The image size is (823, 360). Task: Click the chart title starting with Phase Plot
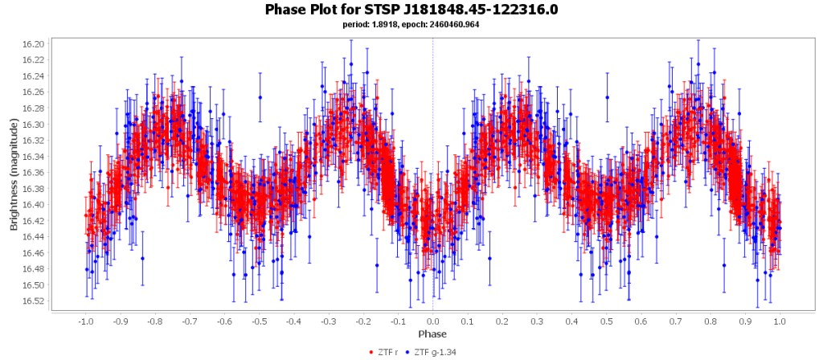(x=411, y=10)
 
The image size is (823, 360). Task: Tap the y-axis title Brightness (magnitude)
(x=14, y=173)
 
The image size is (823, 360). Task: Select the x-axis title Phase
(x=432, y=333)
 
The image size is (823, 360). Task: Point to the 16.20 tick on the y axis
(x=35, y=43)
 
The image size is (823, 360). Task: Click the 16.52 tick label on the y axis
(x=35, y=301)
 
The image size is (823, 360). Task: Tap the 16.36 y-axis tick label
(x=35, y=173)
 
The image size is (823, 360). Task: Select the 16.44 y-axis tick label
(x=35, y=237)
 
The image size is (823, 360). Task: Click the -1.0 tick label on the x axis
(x=85, y=321)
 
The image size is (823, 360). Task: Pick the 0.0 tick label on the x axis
(x=432, y=321)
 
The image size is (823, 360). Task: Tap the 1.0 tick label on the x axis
(x=780, y=321)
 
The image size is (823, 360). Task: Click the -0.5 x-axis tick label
(x=259, y=321)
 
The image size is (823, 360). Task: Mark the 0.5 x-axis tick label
(x=606, y=321)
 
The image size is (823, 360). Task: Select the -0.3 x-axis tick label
(x=328, y=321)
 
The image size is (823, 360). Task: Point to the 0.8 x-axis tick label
(x=710, y=321)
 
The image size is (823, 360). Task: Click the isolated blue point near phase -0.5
(x=260, y=97)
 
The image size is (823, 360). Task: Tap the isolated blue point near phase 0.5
(x=607, y=97)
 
